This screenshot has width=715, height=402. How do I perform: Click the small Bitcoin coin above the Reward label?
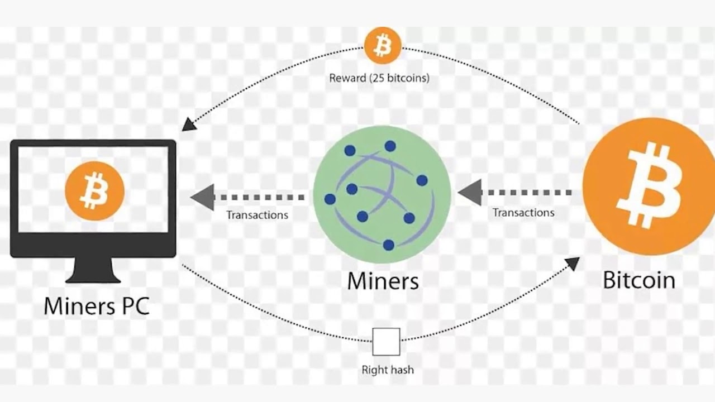pyautogui.click(x=383, y=46)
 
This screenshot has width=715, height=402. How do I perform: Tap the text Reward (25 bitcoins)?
pyautogui.click(x=379, y=78)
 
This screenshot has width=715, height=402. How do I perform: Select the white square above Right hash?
pyautogui.click(x=386, y=342)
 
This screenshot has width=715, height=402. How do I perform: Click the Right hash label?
pyautogui.click(x=388, y=370)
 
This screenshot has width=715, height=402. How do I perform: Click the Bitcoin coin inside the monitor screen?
pyautogui.click(x=94, y=191)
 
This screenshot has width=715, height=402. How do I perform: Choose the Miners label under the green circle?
pyautogui.click(x=383, y=281)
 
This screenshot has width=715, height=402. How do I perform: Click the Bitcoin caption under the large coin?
pyautogui.click(x=639, y=280)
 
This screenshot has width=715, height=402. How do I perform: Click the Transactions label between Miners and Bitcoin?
pyautogui.click(x=523, y=213)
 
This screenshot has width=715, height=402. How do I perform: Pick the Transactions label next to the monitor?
pyautogui.click(x=258, y=215)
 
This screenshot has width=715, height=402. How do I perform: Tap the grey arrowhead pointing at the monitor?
pyautogui.click(x=203, y=197)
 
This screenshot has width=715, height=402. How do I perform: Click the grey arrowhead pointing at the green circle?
pyautogui.click(x=470, y=193)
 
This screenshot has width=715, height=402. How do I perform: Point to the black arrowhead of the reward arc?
pyautogui.click(x=189, y=124)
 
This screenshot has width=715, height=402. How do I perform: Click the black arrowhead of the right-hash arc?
pyautogui.click(x=572, y=264)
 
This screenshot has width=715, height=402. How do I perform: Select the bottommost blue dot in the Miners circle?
pyautogui.click(x=388, y=245)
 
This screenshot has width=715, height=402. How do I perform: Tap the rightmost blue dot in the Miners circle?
pyautogui.click(x=422, y=180)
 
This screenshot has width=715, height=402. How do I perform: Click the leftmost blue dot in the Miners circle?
pyautogui.click(x=330, y=199)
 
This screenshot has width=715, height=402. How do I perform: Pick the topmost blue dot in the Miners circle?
pyautogui.click(x=390, y=146)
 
